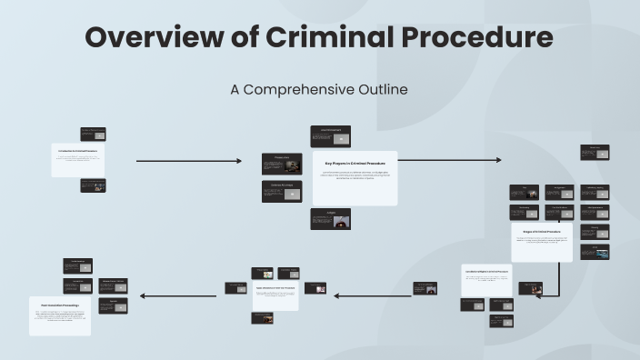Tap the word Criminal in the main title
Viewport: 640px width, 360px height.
(x=325, y=37)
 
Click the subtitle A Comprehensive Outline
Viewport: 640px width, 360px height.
(x=319, y=89)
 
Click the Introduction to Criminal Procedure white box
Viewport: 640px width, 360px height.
(x=77, y=160)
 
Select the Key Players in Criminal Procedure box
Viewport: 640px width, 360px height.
(x=355, y=177)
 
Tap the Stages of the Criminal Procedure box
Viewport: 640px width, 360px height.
(x=541, y=242)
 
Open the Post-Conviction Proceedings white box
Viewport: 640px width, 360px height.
(x=59, y=315)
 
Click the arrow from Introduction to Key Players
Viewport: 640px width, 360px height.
(x=188, y=161)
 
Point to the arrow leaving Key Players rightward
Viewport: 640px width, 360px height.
(x=449, y=160)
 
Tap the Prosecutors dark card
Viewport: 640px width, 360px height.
(x=282, y=164)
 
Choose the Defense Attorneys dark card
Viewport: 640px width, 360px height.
(x=282, y=191)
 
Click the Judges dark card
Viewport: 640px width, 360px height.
(x=330, y=219)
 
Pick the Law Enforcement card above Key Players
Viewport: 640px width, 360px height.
(x=330, y=136)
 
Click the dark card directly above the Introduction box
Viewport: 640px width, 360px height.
(x=93, y=134)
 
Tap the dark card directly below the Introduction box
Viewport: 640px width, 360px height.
(x=93, y=185)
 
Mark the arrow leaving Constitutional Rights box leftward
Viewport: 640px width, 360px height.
(x=373, y=295)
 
